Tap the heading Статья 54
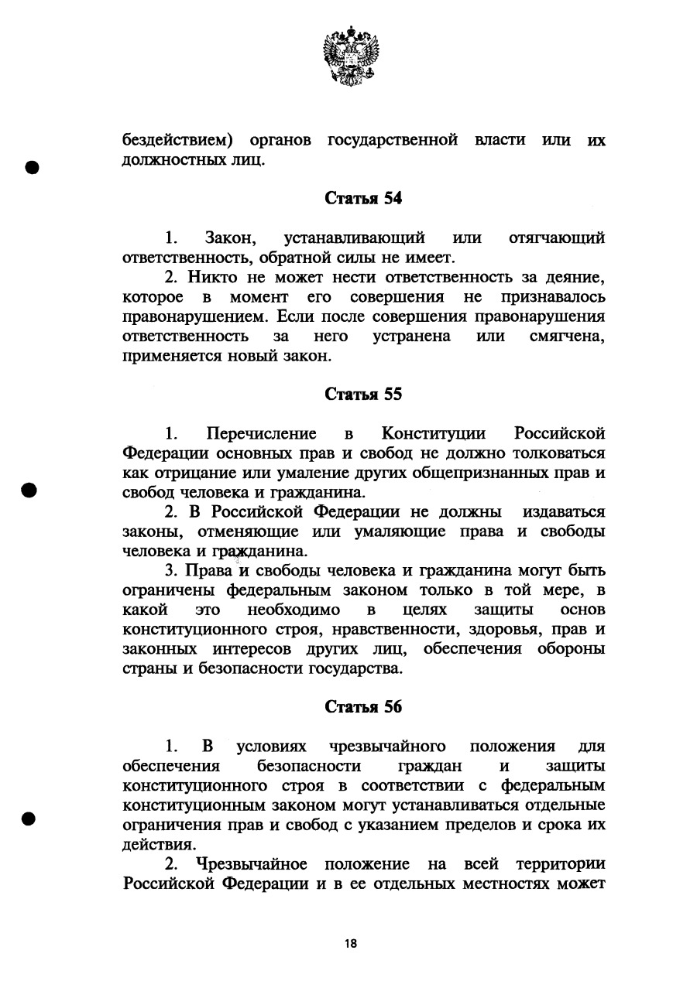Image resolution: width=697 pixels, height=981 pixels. (363, 198)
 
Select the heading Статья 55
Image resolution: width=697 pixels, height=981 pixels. (363, 395)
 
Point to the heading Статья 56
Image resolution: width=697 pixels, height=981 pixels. (363, 707)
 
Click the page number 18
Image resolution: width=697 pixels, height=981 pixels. (351, 943)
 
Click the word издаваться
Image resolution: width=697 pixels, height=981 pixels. (564, 513)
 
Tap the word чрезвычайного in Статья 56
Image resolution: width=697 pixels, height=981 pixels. (387, 747)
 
